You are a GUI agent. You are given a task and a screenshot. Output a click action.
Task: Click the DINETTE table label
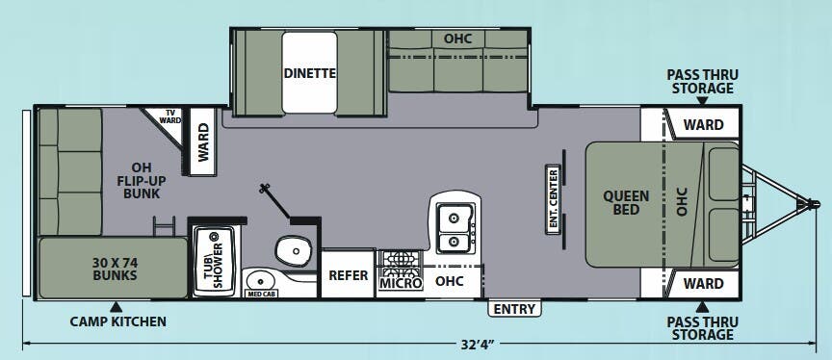click(x=310, y=73)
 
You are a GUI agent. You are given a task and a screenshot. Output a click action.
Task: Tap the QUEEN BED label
click(x=626, y=202)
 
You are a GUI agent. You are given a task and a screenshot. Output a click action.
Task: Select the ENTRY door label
click(x=514, y=309)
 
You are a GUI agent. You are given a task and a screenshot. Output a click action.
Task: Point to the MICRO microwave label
click(x=401, y=284)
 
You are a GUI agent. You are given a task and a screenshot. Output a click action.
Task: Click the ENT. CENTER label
click(x=554, y=199)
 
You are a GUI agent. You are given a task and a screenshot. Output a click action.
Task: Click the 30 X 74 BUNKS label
click(x=115, y=269)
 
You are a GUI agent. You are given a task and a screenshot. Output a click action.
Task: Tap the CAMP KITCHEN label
click(x=117, y=321)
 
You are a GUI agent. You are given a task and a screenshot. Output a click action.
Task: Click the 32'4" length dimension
click(x=478, y=345)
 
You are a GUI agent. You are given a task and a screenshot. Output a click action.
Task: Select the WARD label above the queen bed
click(x=703, y=125)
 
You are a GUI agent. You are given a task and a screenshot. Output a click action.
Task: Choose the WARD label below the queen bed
click(x=703, y=284)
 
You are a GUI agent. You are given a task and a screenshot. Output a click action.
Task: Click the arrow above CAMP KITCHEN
click(x=117, y=306)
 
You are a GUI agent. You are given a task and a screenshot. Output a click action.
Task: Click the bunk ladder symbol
click(x=164, y=226)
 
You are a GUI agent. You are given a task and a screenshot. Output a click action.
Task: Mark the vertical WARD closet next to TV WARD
click(x=202, y=142)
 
